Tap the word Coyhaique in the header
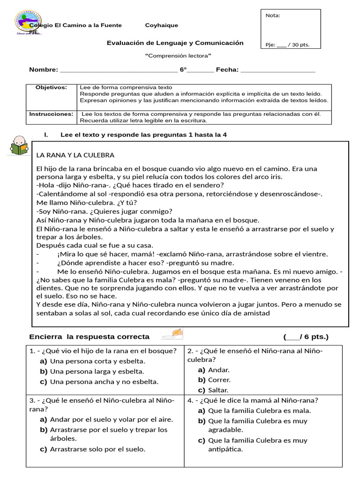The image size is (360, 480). click(x=161, y=25)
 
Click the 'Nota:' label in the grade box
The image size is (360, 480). click(x=273, y=15)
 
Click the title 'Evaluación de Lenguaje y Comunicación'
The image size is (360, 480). click(x=175, y=43)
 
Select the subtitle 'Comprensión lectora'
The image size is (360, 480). click(x=178, y=56)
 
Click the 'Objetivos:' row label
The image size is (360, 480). click(x=52, y=88)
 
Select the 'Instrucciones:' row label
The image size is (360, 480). click(x=51, y=114)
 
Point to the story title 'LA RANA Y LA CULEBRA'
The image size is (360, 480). click(x=75, y=155)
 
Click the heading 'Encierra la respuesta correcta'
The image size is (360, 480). click(x=89, y=337)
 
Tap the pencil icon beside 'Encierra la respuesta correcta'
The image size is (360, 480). click(x=172, y=334)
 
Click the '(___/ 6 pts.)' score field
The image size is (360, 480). click(x=306, y=337)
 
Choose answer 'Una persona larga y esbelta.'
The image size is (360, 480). click(x=97, y=371)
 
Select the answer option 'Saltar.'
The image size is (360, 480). click(x=218, y=390)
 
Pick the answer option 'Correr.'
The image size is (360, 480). click(x=219, y=380)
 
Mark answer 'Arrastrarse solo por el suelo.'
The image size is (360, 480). click(x=97, y=449)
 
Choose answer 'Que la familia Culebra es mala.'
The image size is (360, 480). click(x=259, y=411)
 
